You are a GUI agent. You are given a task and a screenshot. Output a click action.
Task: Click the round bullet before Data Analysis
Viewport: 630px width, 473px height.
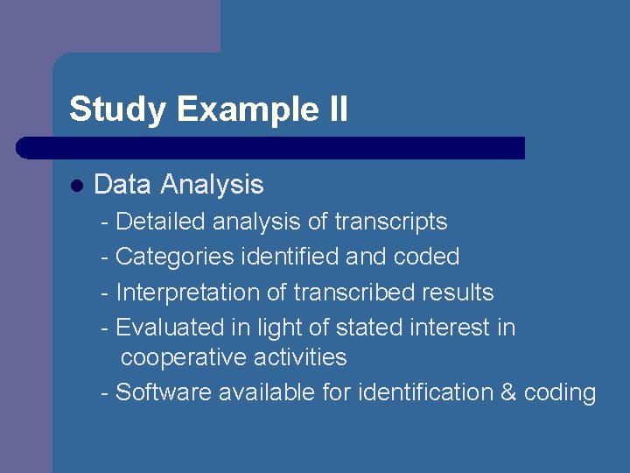[x=77, y=186]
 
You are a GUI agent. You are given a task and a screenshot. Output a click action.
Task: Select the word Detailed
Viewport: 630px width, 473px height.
[x=157, y=222]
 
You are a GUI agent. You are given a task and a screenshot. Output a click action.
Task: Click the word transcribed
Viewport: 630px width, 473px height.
[x=353, y=292]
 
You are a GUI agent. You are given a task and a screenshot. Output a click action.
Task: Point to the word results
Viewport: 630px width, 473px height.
[x=457, y=292]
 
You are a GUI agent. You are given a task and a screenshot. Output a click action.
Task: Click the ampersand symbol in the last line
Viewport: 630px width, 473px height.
[x=508, y=392]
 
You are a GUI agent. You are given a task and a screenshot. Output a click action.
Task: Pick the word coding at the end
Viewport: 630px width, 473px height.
[x=560, y=393]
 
